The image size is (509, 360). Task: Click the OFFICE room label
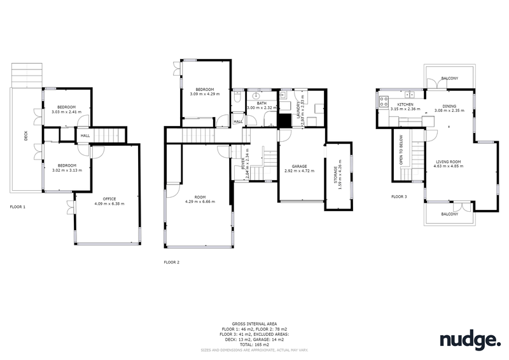109,198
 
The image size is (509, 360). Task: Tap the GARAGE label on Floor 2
300,166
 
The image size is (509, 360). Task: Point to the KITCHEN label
405,104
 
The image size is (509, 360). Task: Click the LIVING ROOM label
447,162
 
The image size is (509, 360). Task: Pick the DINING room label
450,106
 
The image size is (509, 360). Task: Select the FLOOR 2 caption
172,262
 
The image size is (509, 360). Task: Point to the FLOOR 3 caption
400,197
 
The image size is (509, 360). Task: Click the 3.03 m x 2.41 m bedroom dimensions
67,112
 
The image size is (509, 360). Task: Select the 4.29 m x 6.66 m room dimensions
200,202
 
